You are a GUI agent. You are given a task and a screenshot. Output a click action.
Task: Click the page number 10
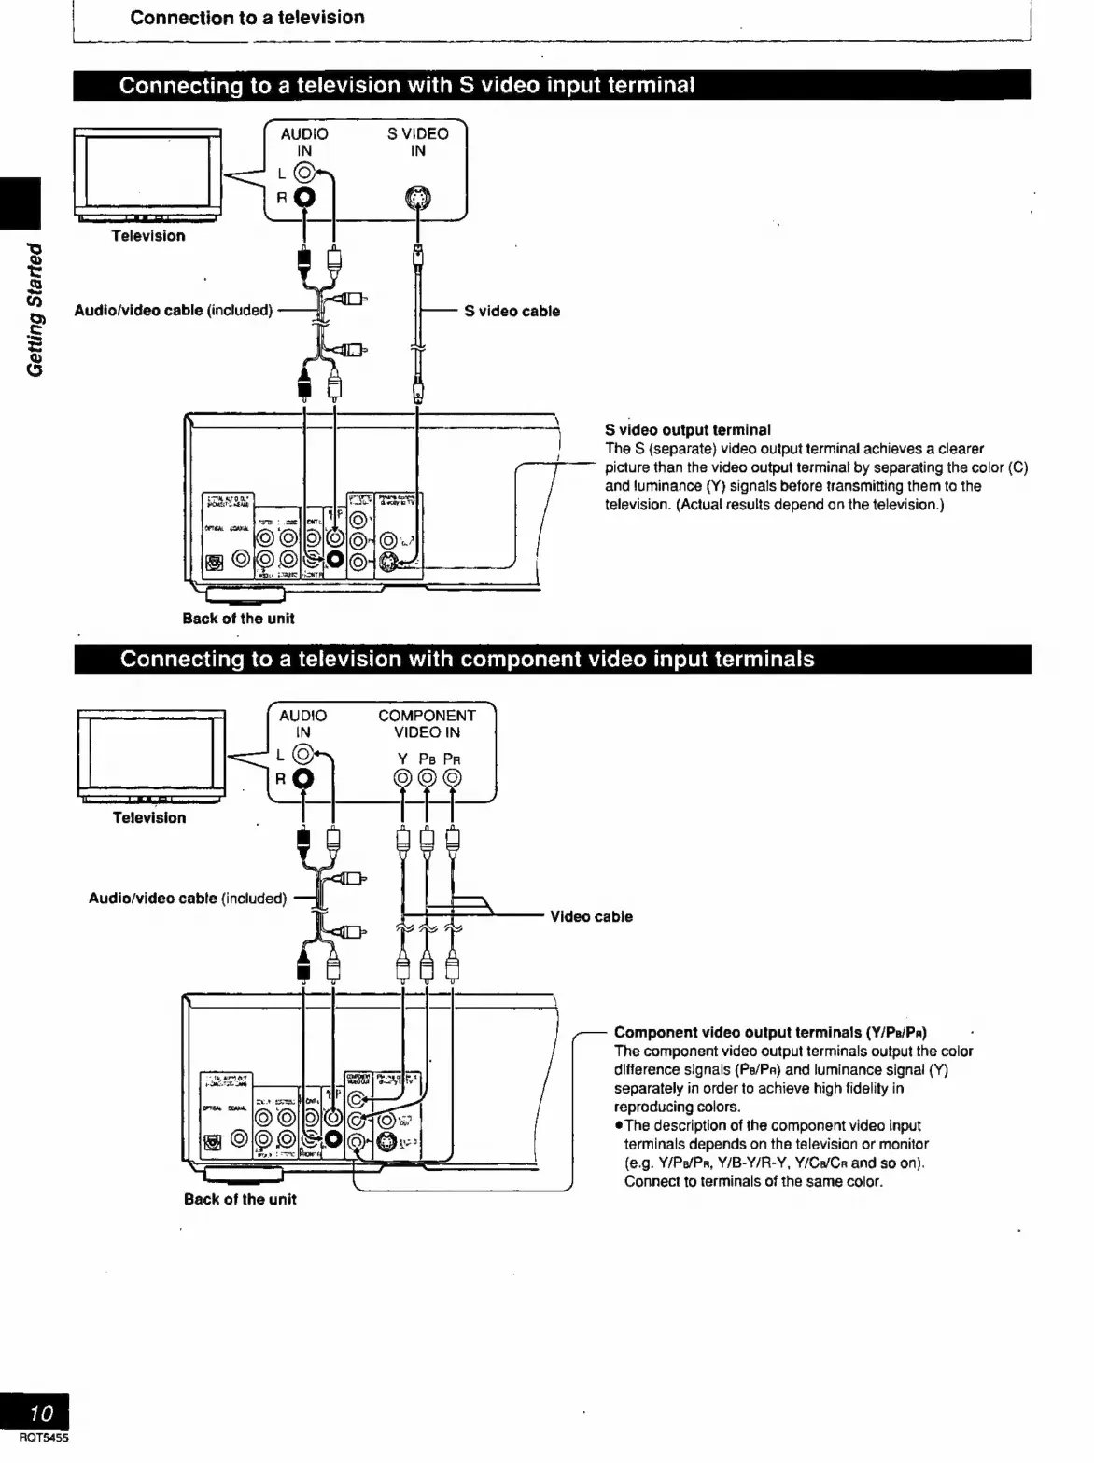pos(42,1412)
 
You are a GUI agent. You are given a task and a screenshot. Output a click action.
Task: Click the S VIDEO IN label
pos(417,142)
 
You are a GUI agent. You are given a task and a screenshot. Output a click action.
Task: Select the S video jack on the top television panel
pos(418,198)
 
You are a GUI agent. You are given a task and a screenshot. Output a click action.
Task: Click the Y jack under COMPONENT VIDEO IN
pos(402,778)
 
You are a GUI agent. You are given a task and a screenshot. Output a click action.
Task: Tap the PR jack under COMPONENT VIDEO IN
pos(452,778)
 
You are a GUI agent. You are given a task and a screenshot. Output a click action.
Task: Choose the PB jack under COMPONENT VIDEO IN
pos(427,778)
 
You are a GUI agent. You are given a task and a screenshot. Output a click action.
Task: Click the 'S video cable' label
pos(512,311)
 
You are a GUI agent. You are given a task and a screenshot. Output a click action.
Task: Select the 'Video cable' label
pos(591,916)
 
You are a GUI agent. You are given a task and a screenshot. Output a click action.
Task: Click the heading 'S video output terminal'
pos(687,430)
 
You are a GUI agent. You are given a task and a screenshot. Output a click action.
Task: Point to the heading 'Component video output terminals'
pos(769,1032)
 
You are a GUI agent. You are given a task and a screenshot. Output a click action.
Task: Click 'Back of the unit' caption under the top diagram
pos(238,618)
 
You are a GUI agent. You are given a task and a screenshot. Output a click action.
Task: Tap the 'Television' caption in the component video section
pos(149,817)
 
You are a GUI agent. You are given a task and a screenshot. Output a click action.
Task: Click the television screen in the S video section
pos(147,174)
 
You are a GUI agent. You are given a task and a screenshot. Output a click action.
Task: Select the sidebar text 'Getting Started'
pos(35,309)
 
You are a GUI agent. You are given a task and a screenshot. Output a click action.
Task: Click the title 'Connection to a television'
pos(247,17)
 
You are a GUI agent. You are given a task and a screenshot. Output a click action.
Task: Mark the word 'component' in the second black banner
pos(517,659)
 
